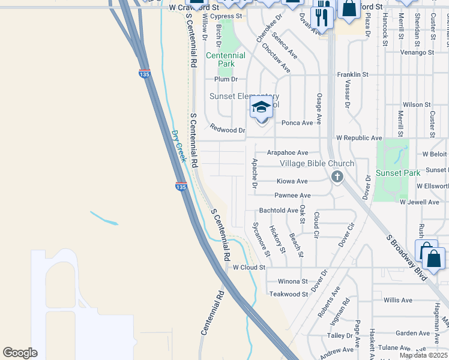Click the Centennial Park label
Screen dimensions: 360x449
(226, 59)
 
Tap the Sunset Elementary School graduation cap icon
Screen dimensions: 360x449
(261, 108)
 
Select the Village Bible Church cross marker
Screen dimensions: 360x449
(337, 176)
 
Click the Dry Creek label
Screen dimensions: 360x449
(178, 146)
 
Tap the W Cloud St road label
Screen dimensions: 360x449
(249, 268)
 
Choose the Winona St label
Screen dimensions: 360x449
(292, 281)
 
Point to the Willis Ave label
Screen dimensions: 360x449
(398, 300)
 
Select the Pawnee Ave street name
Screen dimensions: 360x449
(292, 196)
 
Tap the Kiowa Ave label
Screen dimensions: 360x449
(292, 181)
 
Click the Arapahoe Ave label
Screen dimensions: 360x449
(288, 153)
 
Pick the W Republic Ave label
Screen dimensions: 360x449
(359, 138)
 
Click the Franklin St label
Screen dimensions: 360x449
(352, 74)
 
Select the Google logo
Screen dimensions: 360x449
(20, 353)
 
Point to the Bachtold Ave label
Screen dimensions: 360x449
(279, 211)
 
